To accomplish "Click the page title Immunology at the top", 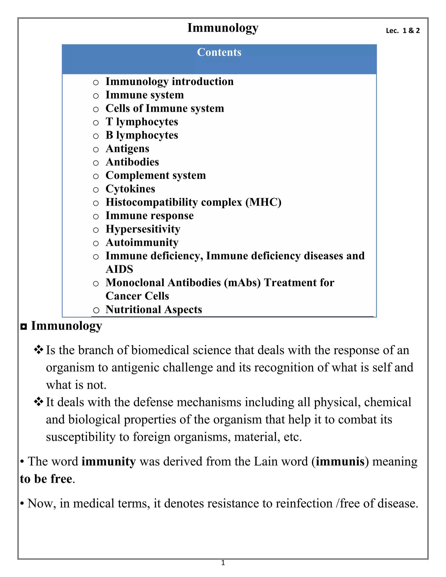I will (223, 28).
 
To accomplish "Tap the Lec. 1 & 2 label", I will (402, 31).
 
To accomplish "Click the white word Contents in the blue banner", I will (219, 52).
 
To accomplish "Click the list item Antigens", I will (127, 148).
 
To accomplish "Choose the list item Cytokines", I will (130, 189).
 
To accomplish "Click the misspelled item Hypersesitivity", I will (143, 229).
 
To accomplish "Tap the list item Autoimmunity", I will (142, 243).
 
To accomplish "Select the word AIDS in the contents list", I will (119, 269).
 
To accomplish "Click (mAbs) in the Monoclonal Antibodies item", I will (242, 283).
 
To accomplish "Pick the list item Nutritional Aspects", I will (154, 309).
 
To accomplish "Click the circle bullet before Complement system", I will (96, 176).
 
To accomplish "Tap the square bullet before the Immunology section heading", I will (24, 327).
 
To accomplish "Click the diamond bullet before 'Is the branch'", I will (39, 350).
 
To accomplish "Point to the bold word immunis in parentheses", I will (340, 462).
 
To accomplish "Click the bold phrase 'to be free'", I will (46, 479).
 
